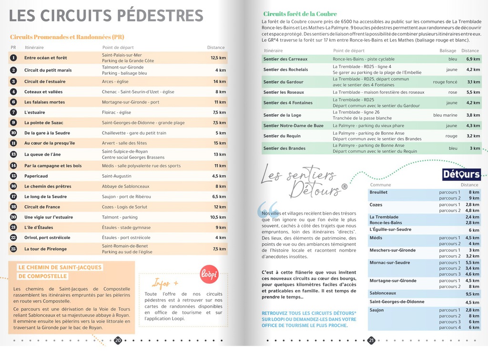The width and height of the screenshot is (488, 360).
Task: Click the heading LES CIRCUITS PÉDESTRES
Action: point(106,16)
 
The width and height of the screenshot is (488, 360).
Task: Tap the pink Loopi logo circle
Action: point(209,275)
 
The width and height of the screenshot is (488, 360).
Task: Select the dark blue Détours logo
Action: point(461,174)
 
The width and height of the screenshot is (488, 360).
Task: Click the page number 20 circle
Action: point(118,340)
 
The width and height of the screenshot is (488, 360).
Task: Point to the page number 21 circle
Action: point(371,340)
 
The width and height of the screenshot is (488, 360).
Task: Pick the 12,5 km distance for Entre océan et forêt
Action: point(218,58)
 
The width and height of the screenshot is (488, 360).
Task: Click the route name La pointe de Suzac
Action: point(43,123)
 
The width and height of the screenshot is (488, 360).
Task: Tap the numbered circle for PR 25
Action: point(13,249)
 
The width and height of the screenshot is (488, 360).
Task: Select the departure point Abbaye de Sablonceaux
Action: point(125,187)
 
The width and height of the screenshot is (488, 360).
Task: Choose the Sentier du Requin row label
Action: point(281,136)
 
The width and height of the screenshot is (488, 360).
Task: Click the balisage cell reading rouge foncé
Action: point(445,82)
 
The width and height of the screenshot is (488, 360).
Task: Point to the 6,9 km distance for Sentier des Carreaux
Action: point(473,59)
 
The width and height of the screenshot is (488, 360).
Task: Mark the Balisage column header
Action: point(447,50)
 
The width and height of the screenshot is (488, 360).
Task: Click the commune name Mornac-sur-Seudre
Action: point(389,263)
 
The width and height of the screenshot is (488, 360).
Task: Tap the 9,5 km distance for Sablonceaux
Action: point(472,294)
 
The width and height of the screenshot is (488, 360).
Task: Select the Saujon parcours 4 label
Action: point(449,328)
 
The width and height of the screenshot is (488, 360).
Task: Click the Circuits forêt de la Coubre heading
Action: point(300,14)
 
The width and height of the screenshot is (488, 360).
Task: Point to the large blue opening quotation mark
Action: point(268,210)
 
